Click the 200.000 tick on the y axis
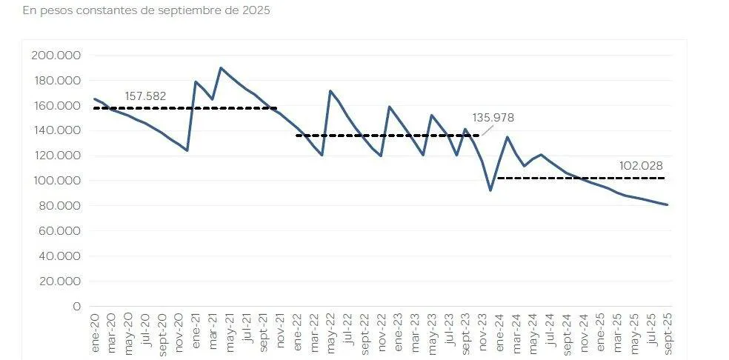coord(56,55)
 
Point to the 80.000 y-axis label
coord(59,206)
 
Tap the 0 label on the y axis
coord(77,306)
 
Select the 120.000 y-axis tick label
coord(56,156)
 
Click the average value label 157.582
coord(145,96)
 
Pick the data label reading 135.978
coord(493,118)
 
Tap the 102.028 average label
coord(642,165)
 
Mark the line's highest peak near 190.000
coord(221,68)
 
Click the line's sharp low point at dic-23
coord(490,190)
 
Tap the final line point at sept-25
coord(668,204)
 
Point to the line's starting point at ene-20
coord(94,99)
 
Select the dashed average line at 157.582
coord(185,108)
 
